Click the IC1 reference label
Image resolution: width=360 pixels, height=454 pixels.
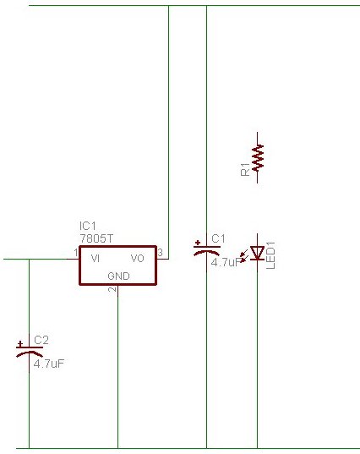tap(87, 226)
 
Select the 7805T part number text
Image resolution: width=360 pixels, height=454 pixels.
tap(96, 238)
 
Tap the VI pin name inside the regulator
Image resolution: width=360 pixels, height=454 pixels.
tap(95, 258)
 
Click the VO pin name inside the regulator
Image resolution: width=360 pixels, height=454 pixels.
tap(138, 258)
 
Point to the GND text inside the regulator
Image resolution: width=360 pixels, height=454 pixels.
tap(118, 276)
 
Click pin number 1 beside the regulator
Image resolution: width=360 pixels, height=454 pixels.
tap(76, 253)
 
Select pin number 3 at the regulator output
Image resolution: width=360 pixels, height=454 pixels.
tap(160, 253)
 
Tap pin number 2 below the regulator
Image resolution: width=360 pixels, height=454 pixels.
tap(112, 289)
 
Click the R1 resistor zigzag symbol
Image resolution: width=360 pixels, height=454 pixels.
tap(258, 157)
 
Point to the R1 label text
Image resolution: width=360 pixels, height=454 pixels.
tap(245, 169)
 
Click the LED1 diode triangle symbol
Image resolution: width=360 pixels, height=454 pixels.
tap(257, 253)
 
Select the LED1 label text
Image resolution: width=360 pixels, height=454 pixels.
tap(270, 255)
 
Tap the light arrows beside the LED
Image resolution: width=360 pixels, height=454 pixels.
tap(244, 255)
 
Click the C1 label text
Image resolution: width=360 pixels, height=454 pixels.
tap(218, 239)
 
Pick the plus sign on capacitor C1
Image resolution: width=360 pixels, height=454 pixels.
tap(198, 243)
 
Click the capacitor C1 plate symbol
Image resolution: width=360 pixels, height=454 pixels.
tap(207, 251)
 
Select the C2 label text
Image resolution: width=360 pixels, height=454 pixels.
tap(41, 340)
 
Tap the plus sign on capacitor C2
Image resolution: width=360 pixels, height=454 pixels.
tap(20, 344)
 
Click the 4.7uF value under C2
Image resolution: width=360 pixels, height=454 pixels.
tap(49, 364)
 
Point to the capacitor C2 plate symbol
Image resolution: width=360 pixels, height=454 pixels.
tap(30, 352)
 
